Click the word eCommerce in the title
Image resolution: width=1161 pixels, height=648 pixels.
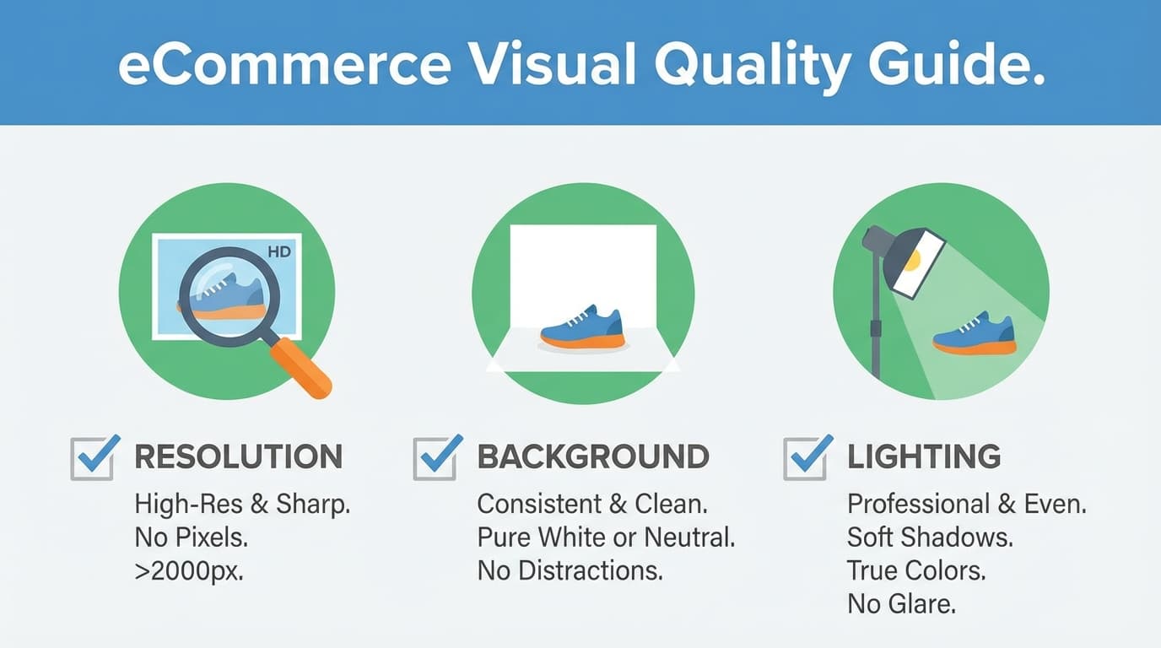coord(283,66)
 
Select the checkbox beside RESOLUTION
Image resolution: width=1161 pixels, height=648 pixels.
coord(93,458)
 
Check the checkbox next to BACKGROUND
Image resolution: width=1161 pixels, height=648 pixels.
coord(436,458)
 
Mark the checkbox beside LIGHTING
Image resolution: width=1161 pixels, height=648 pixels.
coord(806,458)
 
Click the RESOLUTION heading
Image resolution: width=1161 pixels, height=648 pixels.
coord(239,457)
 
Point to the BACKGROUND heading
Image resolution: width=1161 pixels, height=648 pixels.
coord(593,457)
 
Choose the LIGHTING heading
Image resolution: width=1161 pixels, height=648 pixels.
coord(924,457)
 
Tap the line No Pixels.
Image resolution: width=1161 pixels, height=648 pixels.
coord(191,537)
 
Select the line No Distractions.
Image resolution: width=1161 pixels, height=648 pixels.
coord(570,570)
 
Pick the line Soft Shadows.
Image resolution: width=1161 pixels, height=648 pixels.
coord(930,537)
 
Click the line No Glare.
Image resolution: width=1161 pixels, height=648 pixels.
coord(902,603)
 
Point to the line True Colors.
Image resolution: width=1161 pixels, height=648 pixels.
coord(916,570)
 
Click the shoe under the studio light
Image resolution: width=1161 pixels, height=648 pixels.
coord(975,333)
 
